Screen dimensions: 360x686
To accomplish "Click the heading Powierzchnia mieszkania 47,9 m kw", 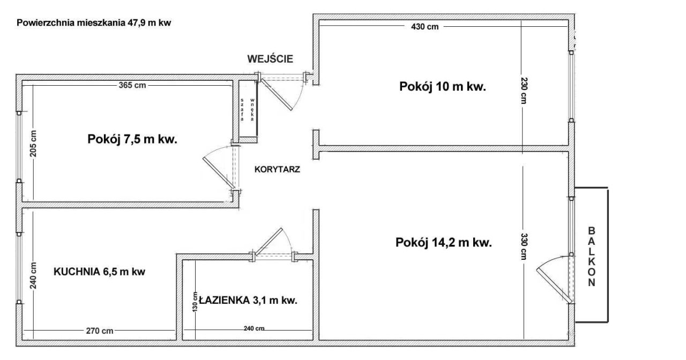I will pyautogui.click(x=94, y=24).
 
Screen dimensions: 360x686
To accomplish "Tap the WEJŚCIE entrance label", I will pyautogui.click(x=270, y=59).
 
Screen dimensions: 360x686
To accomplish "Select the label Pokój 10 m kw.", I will pyautogui.click(x=443, y=87).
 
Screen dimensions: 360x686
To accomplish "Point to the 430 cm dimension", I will pyautogui.click(x=424, y=27).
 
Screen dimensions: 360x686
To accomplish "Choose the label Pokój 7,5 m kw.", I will pyautogui.click(x=132, y=139).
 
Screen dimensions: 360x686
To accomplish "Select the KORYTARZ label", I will pyautogui.click(x=277, y=169).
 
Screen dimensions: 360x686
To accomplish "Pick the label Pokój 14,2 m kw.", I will pyautogui.click(x=444, y=243).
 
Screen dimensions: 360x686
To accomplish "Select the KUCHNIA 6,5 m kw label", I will pyautogui.click(x=100, y=272).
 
